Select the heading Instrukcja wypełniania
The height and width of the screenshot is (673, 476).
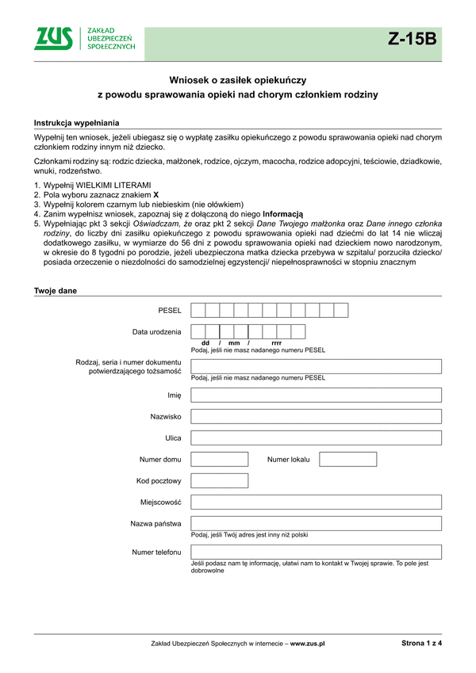coord(77,123)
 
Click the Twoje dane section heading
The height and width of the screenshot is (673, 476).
coord(55,290)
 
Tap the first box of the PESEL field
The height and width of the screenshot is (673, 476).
coord(198,310)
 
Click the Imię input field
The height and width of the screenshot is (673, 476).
coord(316,394)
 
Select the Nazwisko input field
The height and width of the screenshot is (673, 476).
coord(316,416)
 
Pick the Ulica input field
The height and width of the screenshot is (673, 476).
coord(316,438)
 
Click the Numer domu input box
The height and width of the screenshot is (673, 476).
coord(220,459)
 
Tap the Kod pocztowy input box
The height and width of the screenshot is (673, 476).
coord(220,480)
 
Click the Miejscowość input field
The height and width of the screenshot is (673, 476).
coord(316,502)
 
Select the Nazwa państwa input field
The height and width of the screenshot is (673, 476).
coord(316,523)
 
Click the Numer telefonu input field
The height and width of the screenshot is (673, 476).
coord(316,552)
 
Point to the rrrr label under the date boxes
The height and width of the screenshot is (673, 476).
coord(276,342)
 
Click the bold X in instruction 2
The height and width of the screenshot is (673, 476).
coord(156,194)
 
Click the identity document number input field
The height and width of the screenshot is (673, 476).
coord(316,365)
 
